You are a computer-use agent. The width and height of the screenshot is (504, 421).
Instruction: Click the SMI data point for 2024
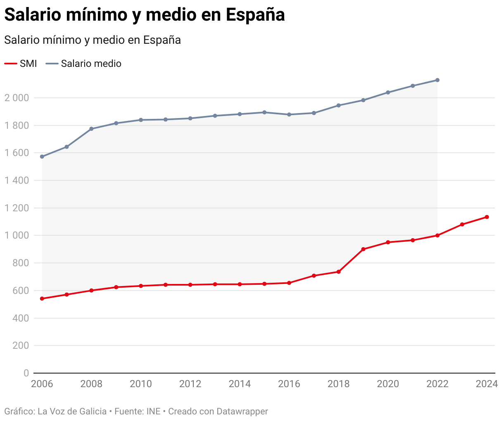[487, 217]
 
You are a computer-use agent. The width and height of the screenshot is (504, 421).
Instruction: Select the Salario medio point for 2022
[437, 80]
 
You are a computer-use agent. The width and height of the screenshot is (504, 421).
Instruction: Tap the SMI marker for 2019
[363, 249]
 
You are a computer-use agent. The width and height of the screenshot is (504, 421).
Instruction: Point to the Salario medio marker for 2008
[91, 129]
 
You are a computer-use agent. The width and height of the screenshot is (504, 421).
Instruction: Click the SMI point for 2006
[42, 298]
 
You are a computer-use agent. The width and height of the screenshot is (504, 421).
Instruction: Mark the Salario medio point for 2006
[42, 157]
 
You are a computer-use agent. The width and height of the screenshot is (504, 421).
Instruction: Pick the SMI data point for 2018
[338, 272]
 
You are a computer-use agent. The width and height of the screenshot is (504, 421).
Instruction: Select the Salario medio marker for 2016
[289, 114]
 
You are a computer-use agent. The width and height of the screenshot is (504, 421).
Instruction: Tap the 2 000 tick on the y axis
[17, 98]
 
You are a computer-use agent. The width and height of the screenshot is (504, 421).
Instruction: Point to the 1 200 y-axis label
[17, 208]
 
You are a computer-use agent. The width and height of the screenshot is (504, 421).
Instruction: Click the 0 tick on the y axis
[26, 373]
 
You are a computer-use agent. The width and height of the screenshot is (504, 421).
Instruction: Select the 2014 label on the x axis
[240, 384]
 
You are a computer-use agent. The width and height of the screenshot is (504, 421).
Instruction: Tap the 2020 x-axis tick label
[388, 384]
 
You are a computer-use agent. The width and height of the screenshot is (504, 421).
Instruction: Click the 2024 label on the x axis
[487, 384]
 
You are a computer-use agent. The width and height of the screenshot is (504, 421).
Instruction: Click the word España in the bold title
[256, 15]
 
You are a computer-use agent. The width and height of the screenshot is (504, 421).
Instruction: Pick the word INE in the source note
[153, 412]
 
